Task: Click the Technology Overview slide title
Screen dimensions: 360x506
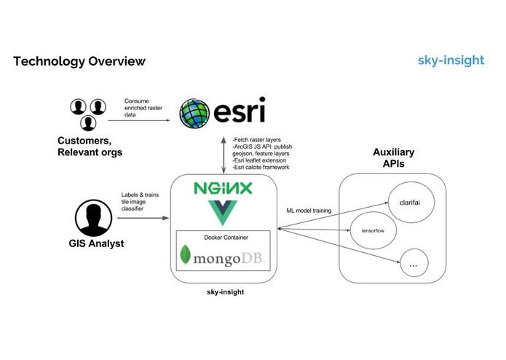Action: click(x=79, y=61)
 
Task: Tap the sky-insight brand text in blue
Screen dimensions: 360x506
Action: click(x=451, y=60)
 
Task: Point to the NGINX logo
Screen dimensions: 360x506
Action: click(x=223, y=189)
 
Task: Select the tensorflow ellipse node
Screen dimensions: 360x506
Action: click(x=373, y=230)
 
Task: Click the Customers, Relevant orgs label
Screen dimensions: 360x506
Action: click(x=90, y=146)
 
